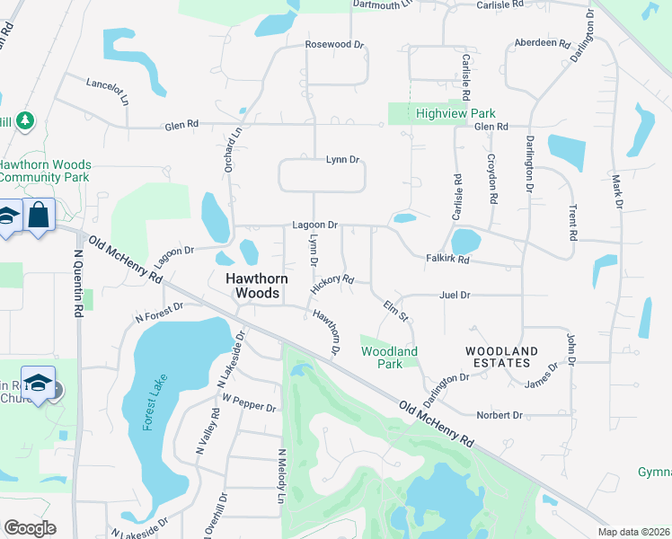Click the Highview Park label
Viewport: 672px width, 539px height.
point(455,114)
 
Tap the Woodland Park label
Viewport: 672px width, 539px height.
point(389,358)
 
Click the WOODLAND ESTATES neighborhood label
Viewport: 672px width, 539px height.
point(501,357)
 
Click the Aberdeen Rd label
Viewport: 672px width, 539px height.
point(543,43)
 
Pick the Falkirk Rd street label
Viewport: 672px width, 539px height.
point(447,260)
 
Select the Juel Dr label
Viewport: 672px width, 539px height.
point(455,295)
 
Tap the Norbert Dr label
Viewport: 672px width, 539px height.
point(500,415)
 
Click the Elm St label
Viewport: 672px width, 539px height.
point(396,311)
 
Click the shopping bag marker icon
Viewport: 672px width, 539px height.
point(40,216)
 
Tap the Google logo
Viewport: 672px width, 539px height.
point(30,527)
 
